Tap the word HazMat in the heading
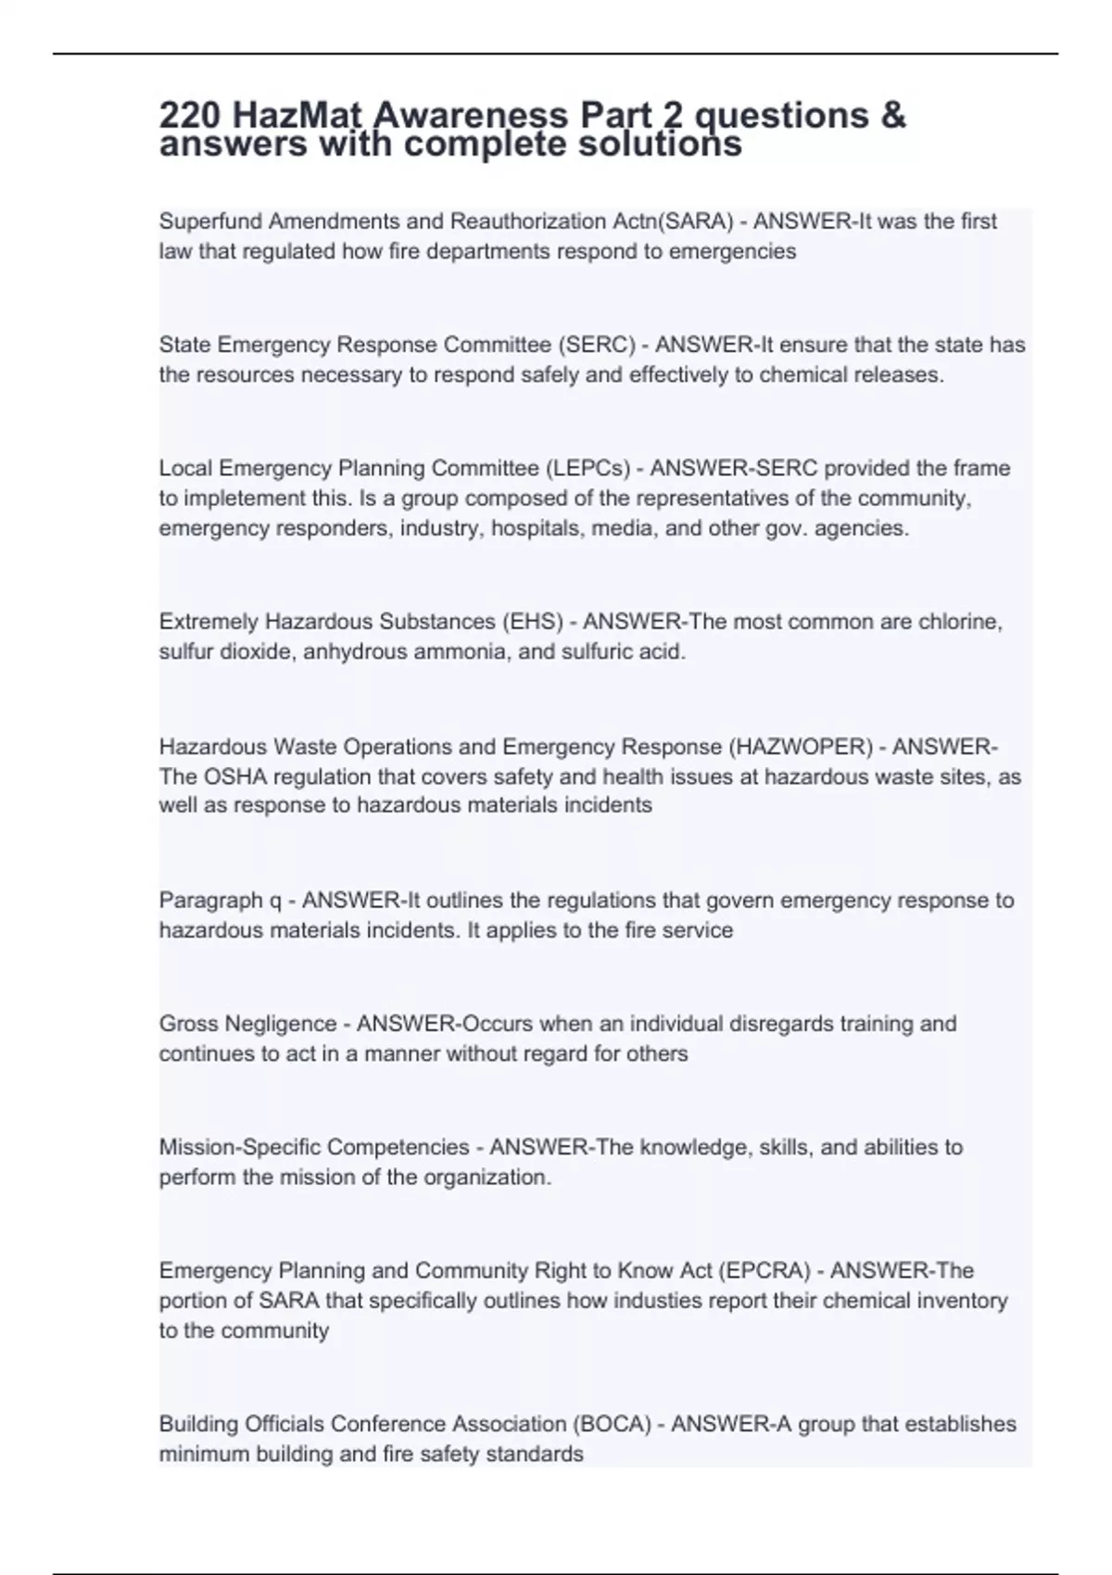(296, 116)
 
